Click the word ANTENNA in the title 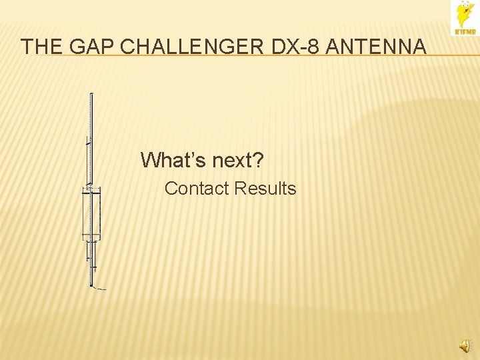(381, 47)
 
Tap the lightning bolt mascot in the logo (464, 15)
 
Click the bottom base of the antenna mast (91, 284)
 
